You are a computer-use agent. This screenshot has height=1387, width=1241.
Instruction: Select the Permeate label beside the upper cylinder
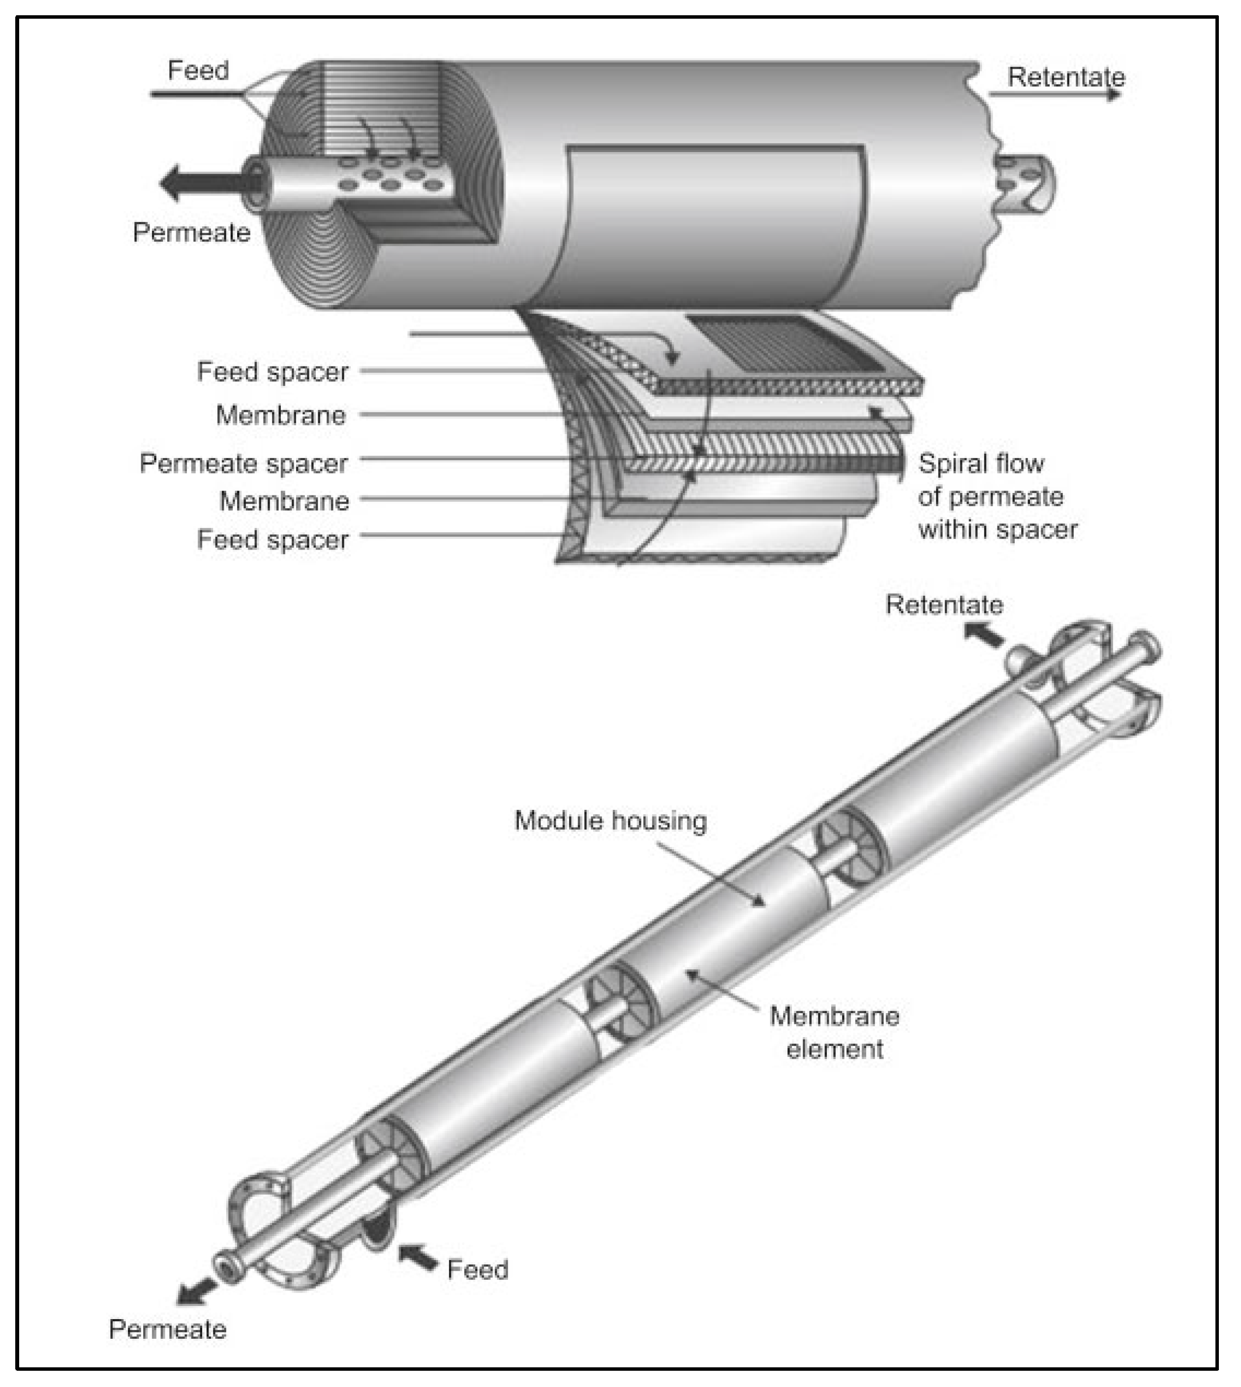coord(192,233)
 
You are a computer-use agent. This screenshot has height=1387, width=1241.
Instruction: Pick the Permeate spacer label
coord(243,463)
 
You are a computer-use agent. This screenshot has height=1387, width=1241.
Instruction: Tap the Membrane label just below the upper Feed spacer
coord(281,415)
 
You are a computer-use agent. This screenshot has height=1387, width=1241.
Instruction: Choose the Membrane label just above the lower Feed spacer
coord(284,502)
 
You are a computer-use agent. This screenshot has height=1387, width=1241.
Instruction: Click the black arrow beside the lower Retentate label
coord(984,635)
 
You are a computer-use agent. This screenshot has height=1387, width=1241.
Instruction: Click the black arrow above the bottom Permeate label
coord(196,1292)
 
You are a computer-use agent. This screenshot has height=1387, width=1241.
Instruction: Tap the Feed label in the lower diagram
coord(477,1270)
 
